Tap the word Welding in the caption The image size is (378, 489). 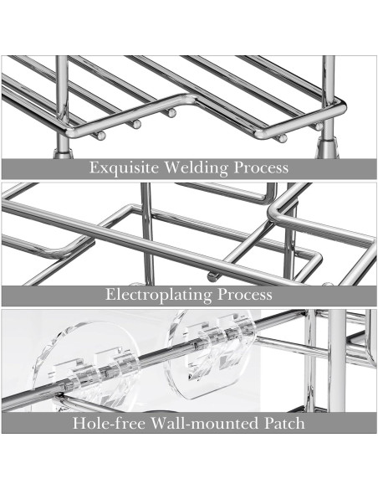pos(196,167)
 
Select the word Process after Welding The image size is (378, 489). pos(261,167)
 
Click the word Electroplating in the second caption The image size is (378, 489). pos(158,295)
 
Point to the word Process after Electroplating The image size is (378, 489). pos(244,295)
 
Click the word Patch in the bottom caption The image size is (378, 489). pos(284,423)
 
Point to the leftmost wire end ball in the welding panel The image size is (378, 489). pos(100,136)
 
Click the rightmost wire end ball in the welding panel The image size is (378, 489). pos(319,126)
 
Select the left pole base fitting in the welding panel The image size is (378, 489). pos(64,152)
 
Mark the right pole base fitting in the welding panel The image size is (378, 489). pos(327,149)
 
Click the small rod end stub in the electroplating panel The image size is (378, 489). pos(212,276)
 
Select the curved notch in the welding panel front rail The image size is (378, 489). pos(184,102)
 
